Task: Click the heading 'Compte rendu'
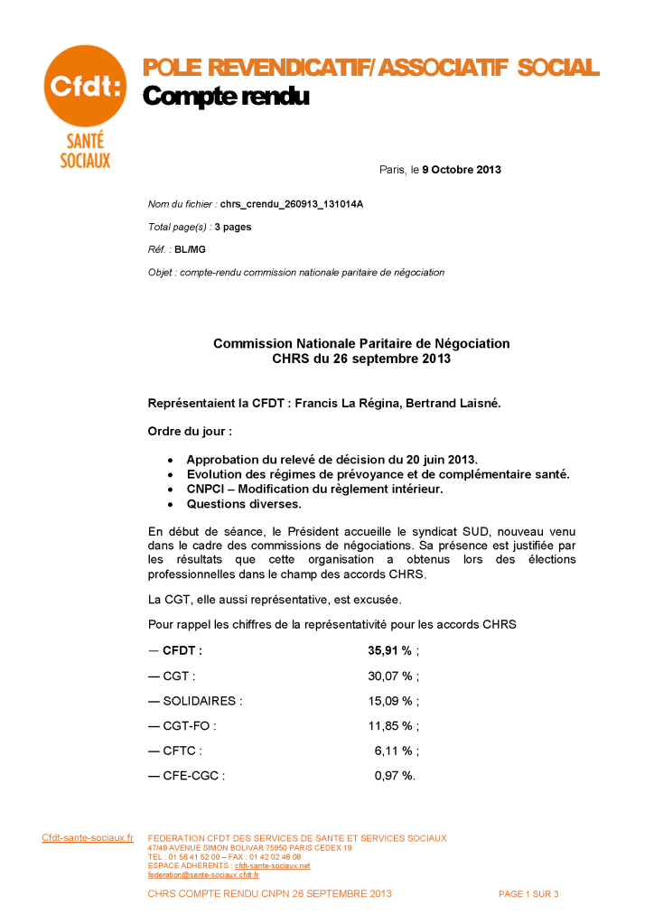pos(226,97)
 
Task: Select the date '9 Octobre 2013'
pos(462,169)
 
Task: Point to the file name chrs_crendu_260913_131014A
pos(292,204)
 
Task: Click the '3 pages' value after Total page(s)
pos(233,227)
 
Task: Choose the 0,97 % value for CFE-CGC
pos(394,775)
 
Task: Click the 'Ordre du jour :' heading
pos(190,432)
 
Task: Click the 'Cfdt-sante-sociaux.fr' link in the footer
pos(88,838)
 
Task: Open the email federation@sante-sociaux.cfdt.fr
pos(203,874)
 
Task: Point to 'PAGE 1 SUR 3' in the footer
pos(528,894)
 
